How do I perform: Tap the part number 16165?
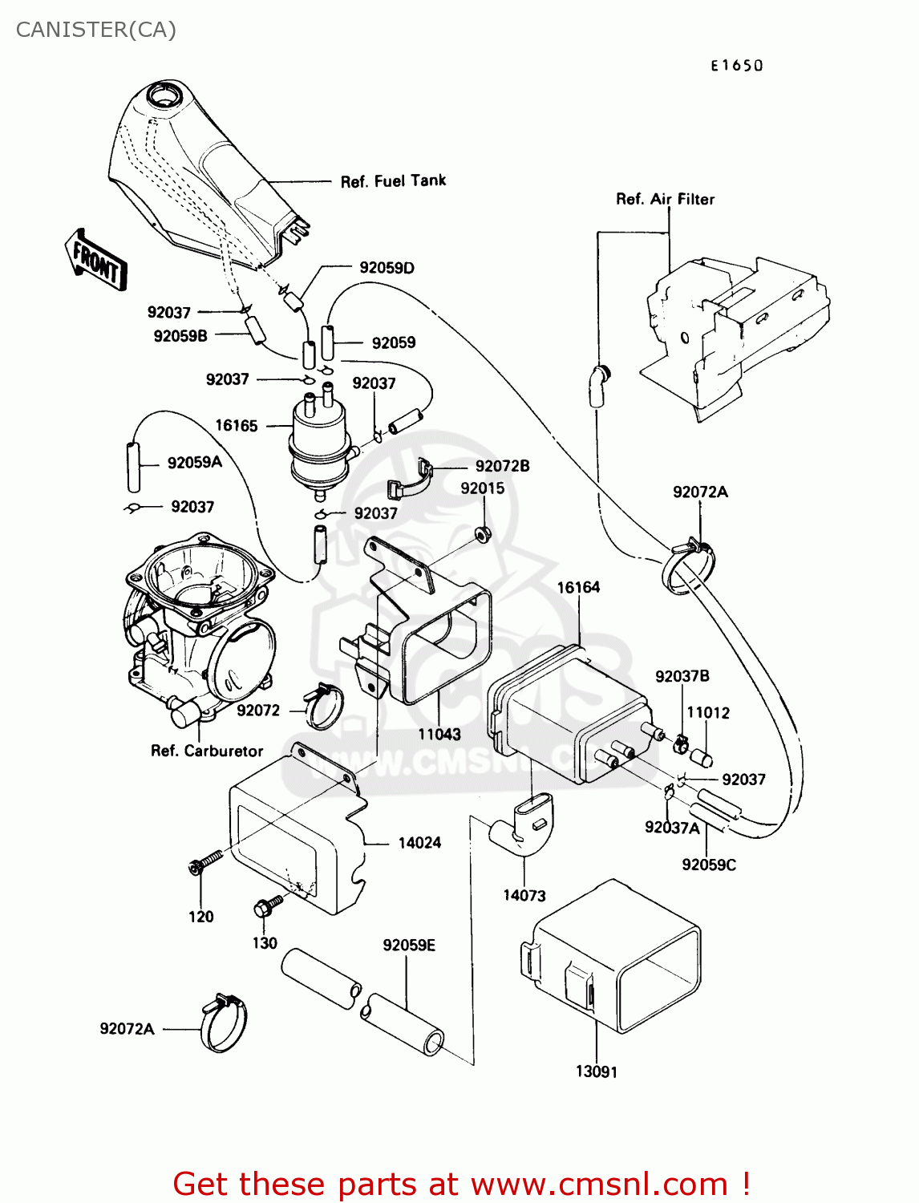click(x=237, y=426)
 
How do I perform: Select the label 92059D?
click(x=387, y=268)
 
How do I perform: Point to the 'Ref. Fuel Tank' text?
click(x=393, y=181)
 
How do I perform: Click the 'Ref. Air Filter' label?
click(x=665, y=199)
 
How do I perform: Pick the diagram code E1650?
click(x=736, y=66)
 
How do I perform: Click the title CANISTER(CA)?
click(x=95, y=30)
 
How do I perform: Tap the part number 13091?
click(x=597, y=1071)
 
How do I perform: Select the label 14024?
click(x=419, y=843)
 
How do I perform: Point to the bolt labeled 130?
click(x=267, y=907)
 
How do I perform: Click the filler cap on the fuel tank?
click(x=168, y=96)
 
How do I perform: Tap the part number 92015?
click(x=482, y=488)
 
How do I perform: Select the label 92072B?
click(x=502, y=466)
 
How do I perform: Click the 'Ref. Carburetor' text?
click(x=207, y=751)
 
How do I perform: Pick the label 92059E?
click(x=409, y=946)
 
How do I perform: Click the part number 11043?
click(x=439, y=734)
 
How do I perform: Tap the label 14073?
click(x=524, y=896)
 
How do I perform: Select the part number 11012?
click(x=708, y=712)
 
